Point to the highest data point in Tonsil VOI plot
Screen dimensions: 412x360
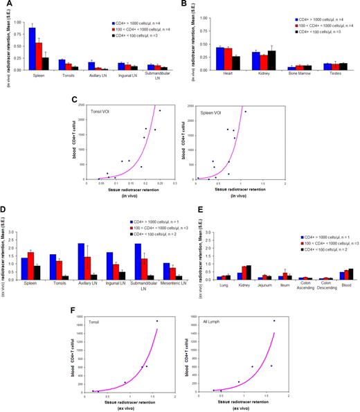[x=159, y=111]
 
